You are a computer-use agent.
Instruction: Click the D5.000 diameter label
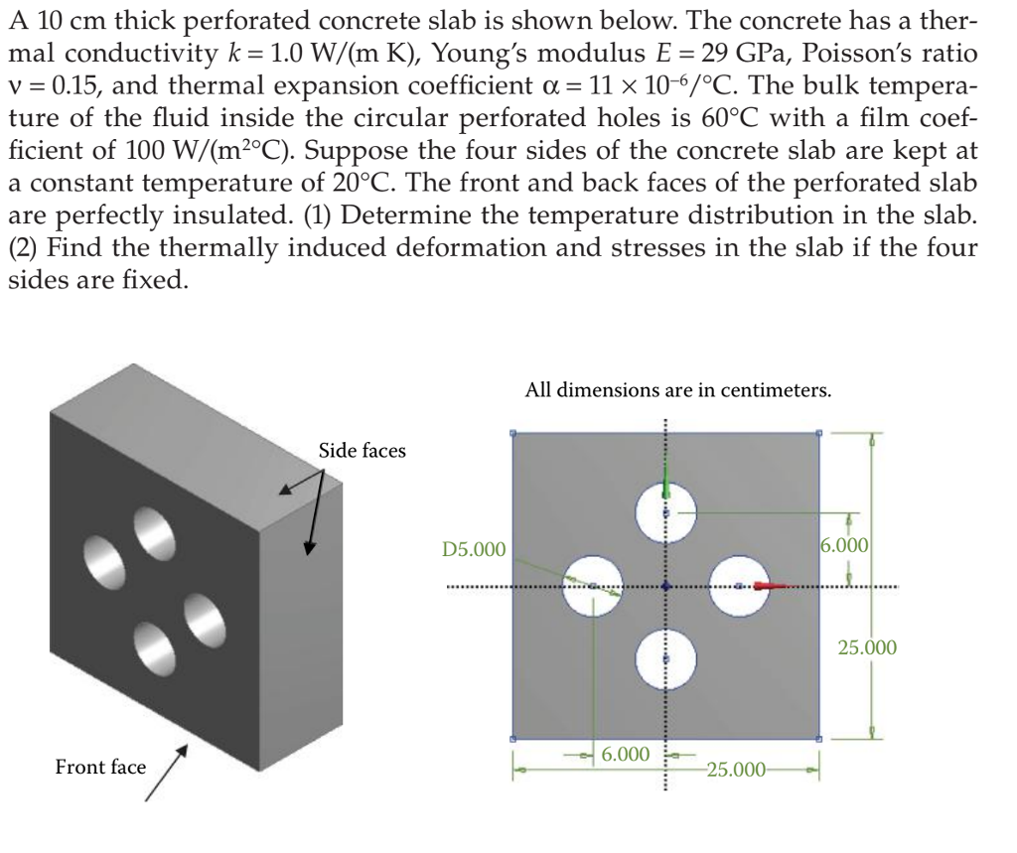coord(474,549)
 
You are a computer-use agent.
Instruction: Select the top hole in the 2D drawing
coord(666,511)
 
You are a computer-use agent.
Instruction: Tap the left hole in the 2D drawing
coord(592,586)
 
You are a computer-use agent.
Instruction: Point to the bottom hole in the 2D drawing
coord(666,660)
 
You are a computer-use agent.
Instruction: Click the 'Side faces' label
coord(362,451)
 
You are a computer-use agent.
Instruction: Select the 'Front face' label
coord(100,767)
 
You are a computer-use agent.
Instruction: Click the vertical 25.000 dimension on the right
coord(867,648)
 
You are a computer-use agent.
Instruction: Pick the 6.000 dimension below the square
coord(626,755)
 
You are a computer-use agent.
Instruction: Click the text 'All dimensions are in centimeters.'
coord(678,390)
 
